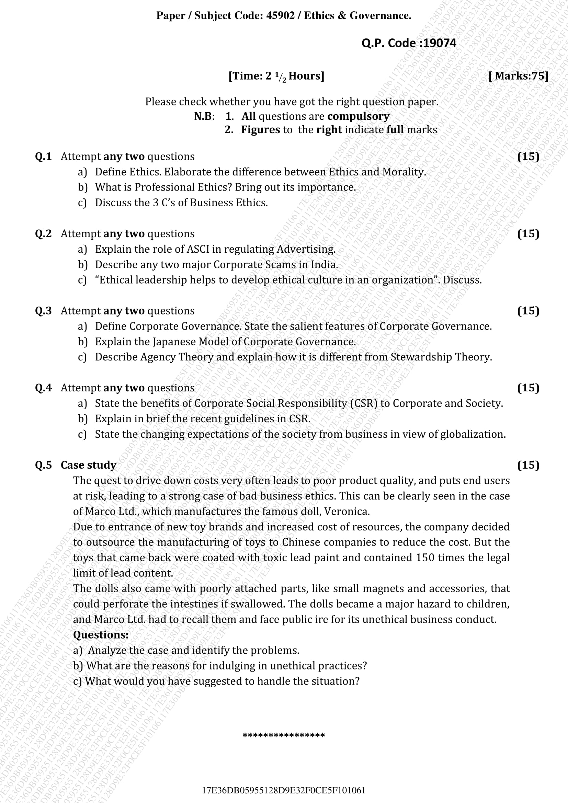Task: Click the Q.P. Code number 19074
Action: coord(440,43)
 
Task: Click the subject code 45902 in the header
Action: coord(280,16)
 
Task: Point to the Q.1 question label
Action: coord(43,156)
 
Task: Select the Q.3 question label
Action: coord(43,311)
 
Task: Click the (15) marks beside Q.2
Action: coord(528,234)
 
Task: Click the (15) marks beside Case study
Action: coord(528,465)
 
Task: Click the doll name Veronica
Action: coord(346,511)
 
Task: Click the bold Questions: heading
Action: coord(101,635)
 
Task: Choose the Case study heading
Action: coord(89,465)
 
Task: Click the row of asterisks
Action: coord(284,735)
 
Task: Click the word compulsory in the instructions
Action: coord(359,116)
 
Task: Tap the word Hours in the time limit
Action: coord(306,76)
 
